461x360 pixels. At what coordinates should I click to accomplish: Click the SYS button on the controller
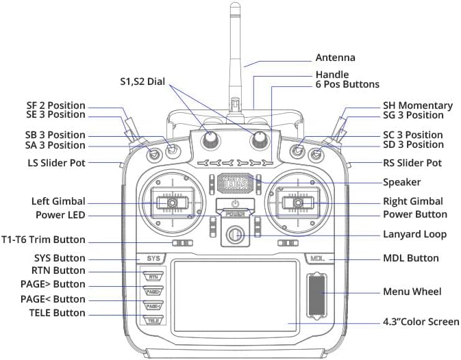tap(153, 259)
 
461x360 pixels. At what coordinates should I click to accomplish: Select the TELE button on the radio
tap(153, 320)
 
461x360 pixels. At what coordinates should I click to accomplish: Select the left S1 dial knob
tap(210, 139)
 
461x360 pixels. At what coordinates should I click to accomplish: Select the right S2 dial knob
tap(259, 139)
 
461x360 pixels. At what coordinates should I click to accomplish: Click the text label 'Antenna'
tap(335, 58)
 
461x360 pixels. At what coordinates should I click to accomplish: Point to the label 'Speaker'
tap(401, 182)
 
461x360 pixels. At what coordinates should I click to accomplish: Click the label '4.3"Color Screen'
tap(421, 322)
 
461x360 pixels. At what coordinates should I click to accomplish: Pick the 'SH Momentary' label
tap(417, 105)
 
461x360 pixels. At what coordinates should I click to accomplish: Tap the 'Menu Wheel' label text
tap(412, 292)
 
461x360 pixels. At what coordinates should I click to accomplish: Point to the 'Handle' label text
tap(332, 75)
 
